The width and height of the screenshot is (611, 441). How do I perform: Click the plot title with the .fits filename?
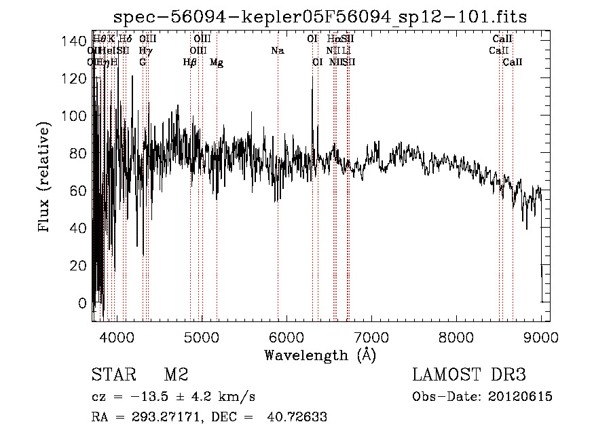coord(320,16)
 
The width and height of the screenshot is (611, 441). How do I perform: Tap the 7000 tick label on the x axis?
coord(371,336)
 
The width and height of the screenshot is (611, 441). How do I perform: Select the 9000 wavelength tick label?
coord(541,336)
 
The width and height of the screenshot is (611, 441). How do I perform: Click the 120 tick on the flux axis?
coord(92,78)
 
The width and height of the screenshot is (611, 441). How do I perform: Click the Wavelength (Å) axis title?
coord(319,355)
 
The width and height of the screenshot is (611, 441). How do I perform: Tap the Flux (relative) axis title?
coord(45,178)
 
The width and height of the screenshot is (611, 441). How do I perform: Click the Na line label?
coord(277,51)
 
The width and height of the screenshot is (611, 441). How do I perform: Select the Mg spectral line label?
coord(217,63)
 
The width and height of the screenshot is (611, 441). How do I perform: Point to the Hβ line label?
coord(190,63)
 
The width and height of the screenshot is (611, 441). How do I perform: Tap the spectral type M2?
coord(176,376)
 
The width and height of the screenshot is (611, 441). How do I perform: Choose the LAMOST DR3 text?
coord(469,376)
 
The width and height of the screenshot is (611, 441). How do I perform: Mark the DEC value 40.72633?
coord(296,417)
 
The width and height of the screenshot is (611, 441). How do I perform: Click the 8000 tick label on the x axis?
coord(456,336)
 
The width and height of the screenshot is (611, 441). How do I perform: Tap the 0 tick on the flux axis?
coord(92,302)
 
